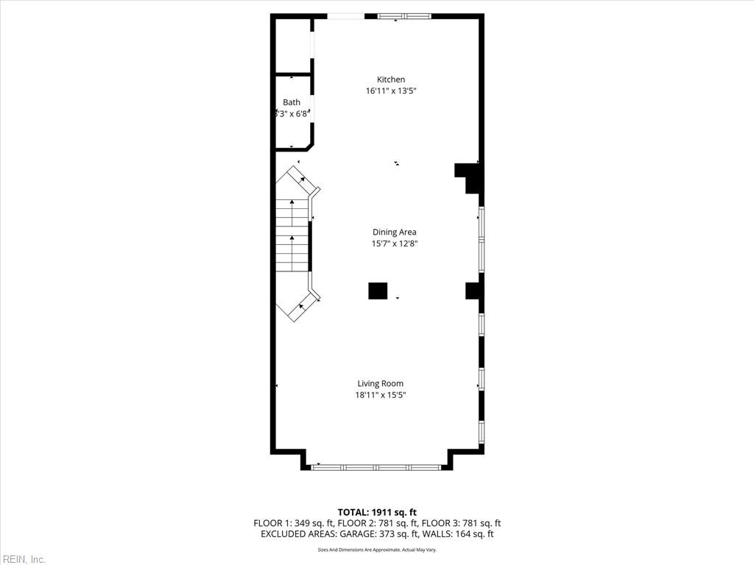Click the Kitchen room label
[391, 79]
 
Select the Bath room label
[292, 102]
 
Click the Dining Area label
[394, 232]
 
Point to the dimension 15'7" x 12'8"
[395, 244]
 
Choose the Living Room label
[381, 383]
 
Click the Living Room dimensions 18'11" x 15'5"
[381, 395]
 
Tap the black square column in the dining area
[378, 291]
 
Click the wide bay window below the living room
[376, 466]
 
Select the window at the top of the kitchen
[404, 16]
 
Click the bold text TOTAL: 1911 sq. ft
[377, 512]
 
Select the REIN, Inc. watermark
[24, 559]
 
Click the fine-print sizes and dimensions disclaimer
[377, 550]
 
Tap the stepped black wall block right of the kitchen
[470, 177]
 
